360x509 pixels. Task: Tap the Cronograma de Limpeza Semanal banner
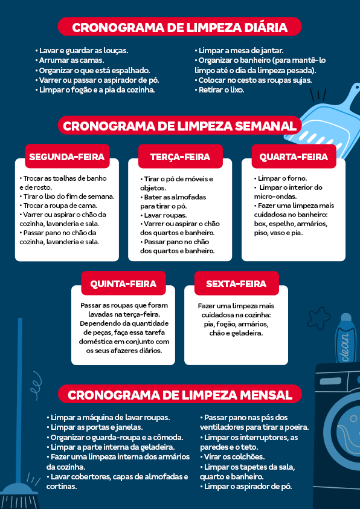click(x=180, y=126)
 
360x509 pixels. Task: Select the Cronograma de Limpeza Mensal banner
click(x=180, y=395)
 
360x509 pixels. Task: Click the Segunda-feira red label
click(x=67, y=157)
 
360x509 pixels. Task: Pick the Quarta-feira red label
click(x=294, y=157)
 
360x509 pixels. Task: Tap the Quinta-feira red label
click(x=123, y=284)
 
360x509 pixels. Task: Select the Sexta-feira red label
click(x=236, y=284)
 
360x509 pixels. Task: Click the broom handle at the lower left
click(x=20, y=393)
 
